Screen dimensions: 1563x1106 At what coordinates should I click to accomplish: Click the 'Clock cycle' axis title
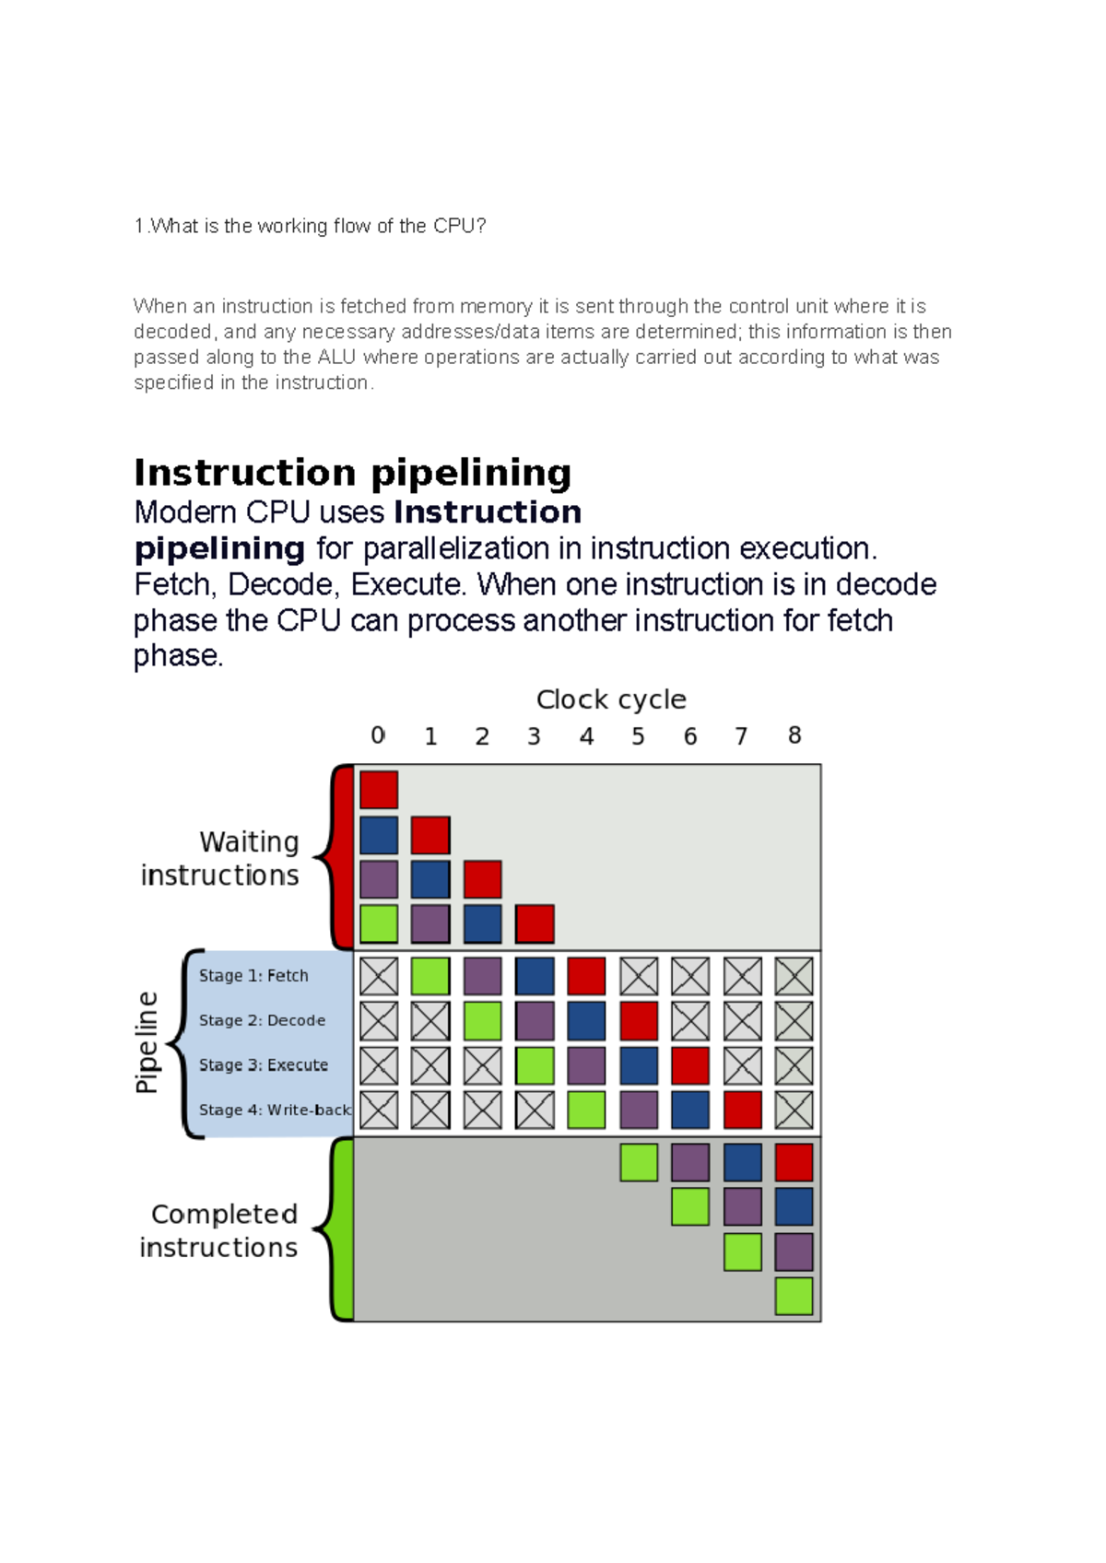(x=611, y=699)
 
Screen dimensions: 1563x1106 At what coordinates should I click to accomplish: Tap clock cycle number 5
(x=638, y=736)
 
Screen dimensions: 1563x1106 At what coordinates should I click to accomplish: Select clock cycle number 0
(x=378, y=735)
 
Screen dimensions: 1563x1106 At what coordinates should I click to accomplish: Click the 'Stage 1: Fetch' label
(x=253, y=976)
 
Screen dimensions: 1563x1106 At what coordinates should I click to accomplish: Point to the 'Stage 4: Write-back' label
(x=275, y=1111)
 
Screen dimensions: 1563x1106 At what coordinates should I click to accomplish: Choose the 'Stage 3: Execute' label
(x=264, y=1065)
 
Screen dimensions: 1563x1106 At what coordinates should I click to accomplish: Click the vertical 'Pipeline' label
(x=147, y=1042)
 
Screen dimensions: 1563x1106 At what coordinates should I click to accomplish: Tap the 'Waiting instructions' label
(x=221, y=858)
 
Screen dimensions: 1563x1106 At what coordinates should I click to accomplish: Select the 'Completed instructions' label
(x=220, y=1230)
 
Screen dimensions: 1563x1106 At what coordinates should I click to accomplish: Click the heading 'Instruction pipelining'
(x=353, y=473)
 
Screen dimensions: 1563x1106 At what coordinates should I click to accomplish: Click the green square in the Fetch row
(x=430, y=976)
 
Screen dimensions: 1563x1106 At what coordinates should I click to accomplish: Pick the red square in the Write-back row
(x=742, y=1111)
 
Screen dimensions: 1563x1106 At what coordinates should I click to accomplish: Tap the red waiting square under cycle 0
(x=379, y=790)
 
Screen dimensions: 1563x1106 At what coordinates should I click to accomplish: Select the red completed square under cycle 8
(x=794, y=1162)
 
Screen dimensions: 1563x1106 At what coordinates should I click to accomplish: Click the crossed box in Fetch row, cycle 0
(x=379, y=976)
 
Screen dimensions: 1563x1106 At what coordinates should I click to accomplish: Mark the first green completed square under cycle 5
(x=639, y=1162)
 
